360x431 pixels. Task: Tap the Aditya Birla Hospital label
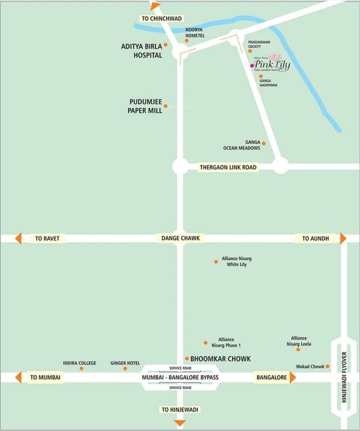click(x=142, y=51)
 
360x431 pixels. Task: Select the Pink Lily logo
click(x=273, y=63)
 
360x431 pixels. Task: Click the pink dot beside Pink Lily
click(x=252, y=66)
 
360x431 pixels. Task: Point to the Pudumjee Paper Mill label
click(x=146, y=106)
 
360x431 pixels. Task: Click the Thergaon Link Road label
click(x=228, y=167)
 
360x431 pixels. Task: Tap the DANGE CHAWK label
click(x=179, y=238)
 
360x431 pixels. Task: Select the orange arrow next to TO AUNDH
click(x=343, y=238)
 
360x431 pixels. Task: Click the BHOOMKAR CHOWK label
click(x=220, y=359)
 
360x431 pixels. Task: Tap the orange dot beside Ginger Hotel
click(x=125, y=368)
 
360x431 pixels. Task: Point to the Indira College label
click(x=80, y=363)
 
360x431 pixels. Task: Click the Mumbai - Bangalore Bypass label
click(x=180, y=378)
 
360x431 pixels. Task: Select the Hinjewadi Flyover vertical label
click(x=344, y=377)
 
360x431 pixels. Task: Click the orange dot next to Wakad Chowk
click(x=327, y=366)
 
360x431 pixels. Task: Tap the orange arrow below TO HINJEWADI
click(x=179, y=422)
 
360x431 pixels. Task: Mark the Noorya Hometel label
click(x=195, y=32)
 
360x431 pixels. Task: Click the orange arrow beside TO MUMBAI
click(x=18, y=378)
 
